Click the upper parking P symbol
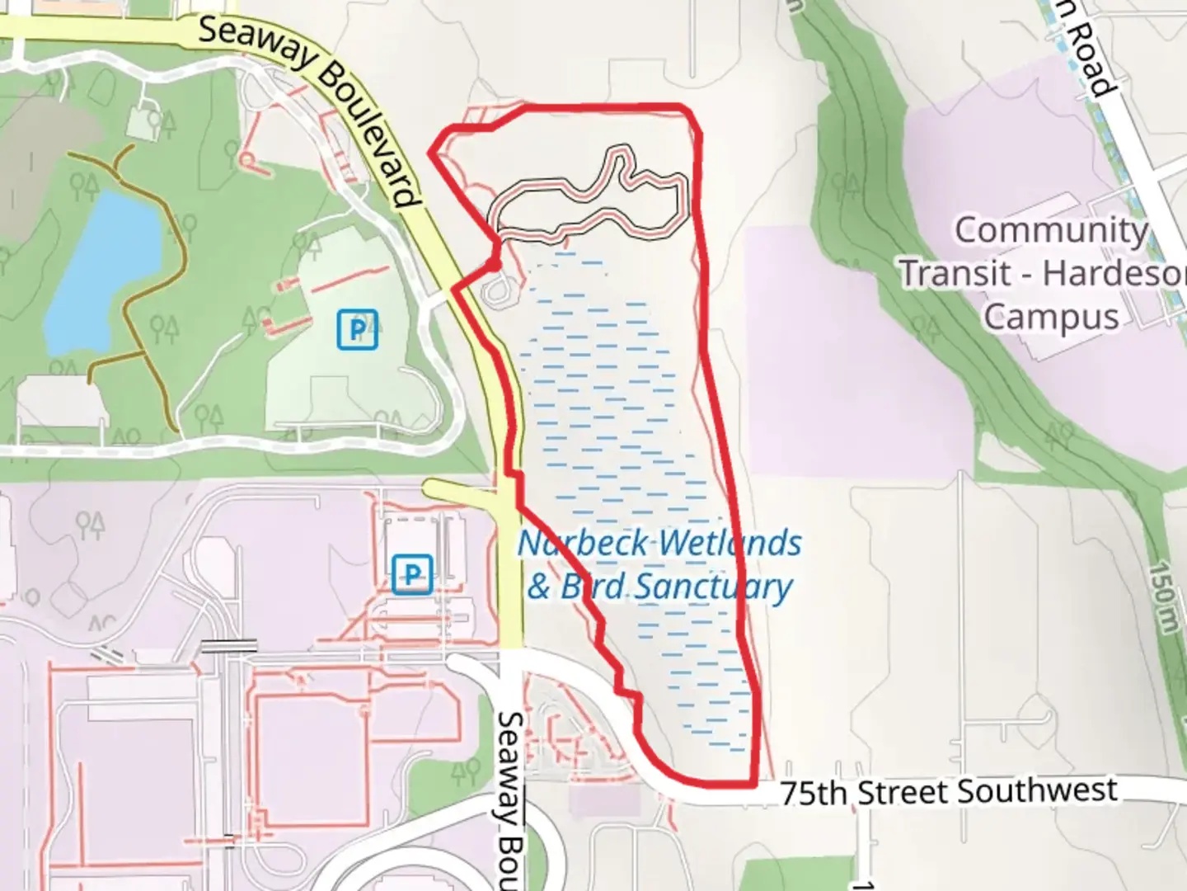(x=357, y=328)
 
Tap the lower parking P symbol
(x=412, y=573)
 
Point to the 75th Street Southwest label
(x=948, y=792)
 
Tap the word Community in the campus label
(x=1051, y=231)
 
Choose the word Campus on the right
(x=1051, y=317)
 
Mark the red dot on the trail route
(x=493, y=265)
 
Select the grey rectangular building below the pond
(x=62, y=403)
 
